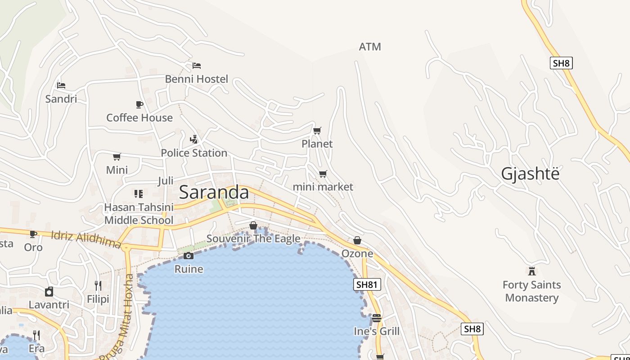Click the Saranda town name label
(214, 192)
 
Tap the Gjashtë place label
(530, 174)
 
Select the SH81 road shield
(367, 284)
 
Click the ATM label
(370, 47)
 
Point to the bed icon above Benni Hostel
(197, 66)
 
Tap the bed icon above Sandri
(61, 85)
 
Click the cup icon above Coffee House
(139, 104)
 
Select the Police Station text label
(194, 153)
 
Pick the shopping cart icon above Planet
(317, 131)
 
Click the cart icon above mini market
(323, 174)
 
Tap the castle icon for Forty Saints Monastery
(532, 271)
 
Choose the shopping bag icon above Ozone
(357, 240)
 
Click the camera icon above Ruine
(189, 256)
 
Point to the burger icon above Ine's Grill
(377, 318)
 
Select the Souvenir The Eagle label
(253, 238)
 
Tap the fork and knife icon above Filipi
(98, 285)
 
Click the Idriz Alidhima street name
(85, 239)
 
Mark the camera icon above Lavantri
(49, 292)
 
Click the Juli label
(166, 181)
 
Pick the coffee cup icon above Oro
(33, 234)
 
